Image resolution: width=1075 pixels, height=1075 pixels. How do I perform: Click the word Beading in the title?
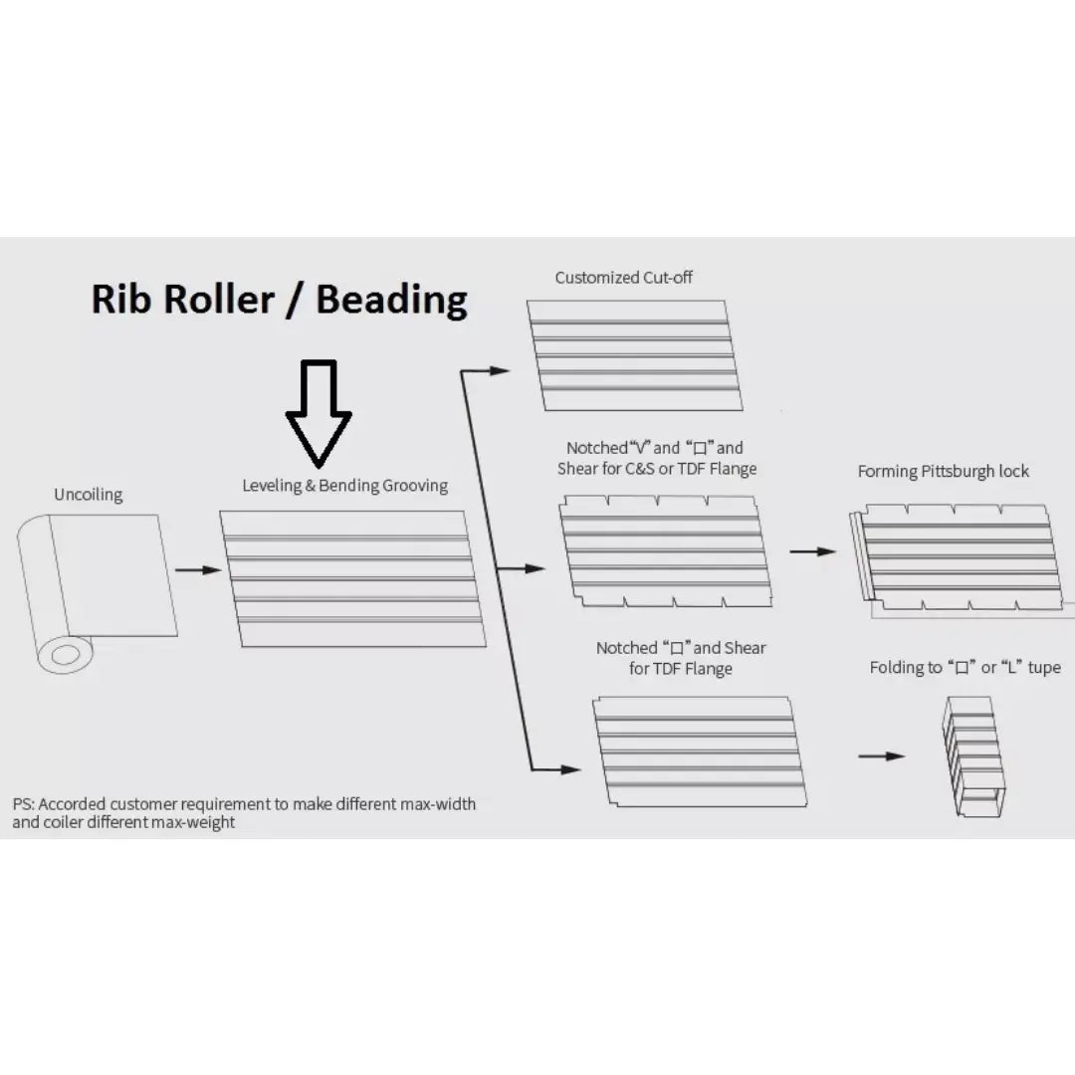pyautogui.click(x=391, y=301)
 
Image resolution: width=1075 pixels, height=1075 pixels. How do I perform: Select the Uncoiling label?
pyautogui.click(x=89, y=495)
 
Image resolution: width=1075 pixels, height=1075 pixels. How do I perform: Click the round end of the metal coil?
pyautogui.click(x=65, y=655)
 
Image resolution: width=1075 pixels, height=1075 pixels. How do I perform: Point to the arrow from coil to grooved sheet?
pyautogui.click(x=198, y=569)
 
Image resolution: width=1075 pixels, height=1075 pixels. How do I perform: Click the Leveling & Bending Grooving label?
pyautogui.click(x=344, y=486)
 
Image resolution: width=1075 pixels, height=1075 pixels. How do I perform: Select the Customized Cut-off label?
pyautogui.click(x=624, y=278)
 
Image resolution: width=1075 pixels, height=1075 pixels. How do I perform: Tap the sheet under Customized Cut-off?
pyautogui.click(x=635, y=355)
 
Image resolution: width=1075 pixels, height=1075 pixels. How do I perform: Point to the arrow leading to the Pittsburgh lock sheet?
pyautogui.click(x=813, y=551)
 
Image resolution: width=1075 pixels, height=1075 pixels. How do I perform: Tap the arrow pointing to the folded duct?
pyautogui.click(x=882, y=756)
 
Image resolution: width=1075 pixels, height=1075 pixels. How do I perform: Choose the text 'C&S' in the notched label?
pyautogui.click(x=640, y=469)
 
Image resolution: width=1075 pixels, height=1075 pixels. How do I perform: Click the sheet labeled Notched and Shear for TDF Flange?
pyautogui.click(x=700, y=752)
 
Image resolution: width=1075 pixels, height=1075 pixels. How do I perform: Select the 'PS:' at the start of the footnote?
pyautogui.click(x=23, y=803)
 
